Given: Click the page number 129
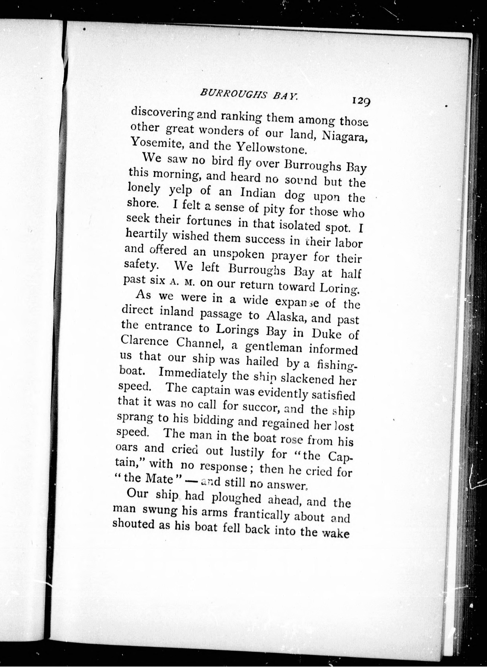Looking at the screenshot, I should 360,101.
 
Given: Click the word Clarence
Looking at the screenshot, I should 145,341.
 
